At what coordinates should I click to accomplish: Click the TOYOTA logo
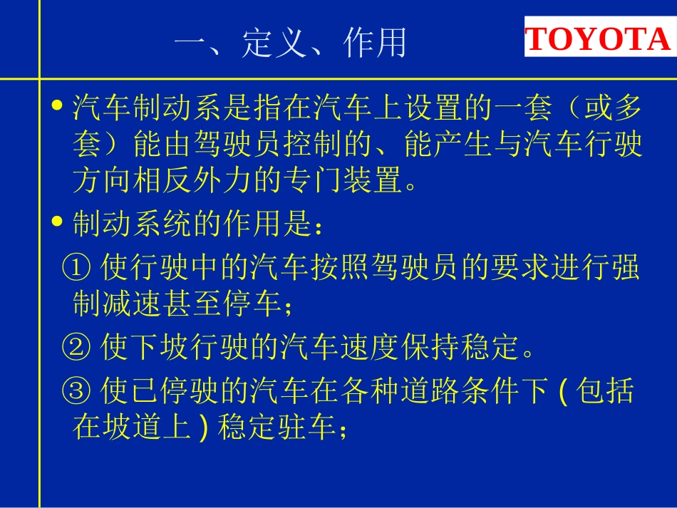pyautogui.click(x=599, y=41)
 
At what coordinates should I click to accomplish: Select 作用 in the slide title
pyautogui.click(x=375, y=43)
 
